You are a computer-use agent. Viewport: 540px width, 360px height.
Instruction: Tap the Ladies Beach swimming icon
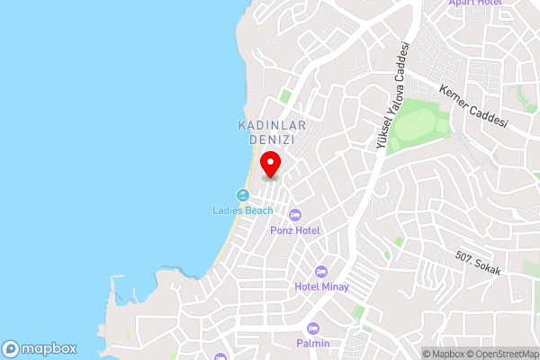point(241,195)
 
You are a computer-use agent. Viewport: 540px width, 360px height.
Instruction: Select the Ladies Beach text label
point(242,211)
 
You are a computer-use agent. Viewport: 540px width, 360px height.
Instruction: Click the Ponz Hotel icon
point(293,214)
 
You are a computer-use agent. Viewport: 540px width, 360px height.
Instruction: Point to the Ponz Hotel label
point(294,229)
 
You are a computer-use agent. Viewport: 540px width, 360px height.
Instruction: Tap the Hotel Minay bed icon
point(321,272)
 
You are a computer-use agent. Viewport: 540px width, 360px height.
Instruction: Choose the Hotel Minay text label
point(321,287)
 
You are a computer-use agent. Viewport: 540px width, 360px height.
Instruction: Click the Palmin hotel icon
point(313,328)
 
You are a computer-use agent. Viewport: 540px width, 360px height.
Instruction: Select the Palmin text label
point(313,344)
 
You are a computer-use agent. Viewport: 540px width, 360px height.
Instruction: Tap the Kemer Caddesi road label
point(473,107)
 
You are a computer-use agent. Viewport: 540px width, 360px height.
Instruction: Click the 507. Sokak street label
point(477,264)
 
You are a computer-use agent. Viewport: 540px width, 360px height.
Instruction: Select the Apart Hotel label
point(475,4)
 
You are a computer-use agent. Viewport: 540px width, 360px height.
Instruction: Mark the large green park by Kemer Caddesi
point(418,121)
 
